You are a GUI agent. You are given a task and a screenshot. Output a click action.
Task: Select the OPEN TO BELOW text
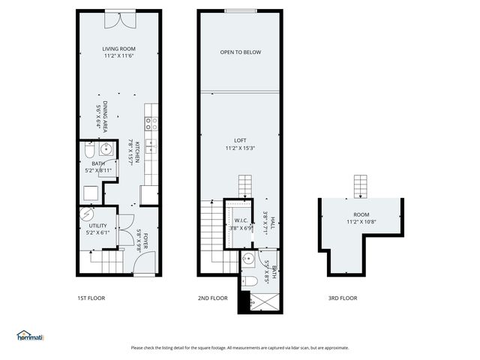click(240, 52)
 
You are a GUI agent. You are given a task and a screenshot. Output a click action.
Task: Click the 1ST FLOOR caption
click(91, 298)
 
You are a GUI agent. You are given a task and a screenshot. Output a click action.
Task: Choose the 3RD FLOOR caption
click(343, 298)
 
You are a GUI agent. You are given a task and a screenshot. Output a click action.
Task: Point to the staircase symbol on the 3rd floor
click(361, 184)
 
